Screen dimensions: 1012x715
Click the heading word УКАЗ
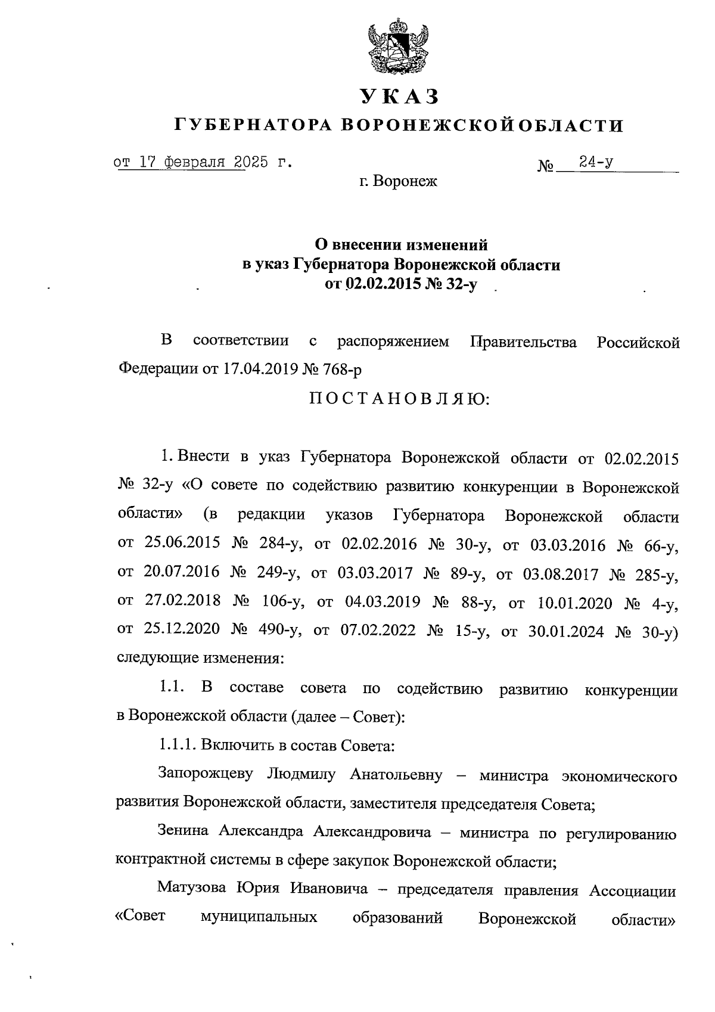pyautogui.click(x=398, y=96)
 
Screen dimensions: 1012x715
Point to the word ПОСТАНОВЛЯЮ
pyautogui.click(x=399, y=399)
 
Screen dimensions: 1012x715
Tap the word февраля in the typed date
pyautogui.click(x=197, y=163)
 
